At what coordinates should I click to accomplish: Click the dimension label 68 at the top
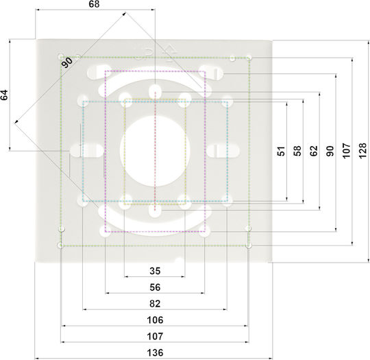[94, 4]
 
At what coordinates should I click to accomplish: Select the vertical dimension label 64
[4, 95]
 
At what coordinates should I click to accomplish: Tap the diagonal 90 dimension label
[67, 62]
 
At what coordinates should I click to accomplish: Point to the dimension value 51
[281, 151]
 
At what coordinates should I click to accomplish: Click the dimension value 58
[297, 151]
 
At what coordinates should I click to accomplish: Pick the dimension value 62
[314, 151]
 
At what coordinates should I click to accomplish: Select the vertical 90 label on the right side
[330, 151]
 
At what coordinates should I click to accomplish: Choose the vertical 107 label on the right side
[347, 151]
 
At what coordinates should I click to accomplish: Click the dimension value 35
[155, 271]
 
